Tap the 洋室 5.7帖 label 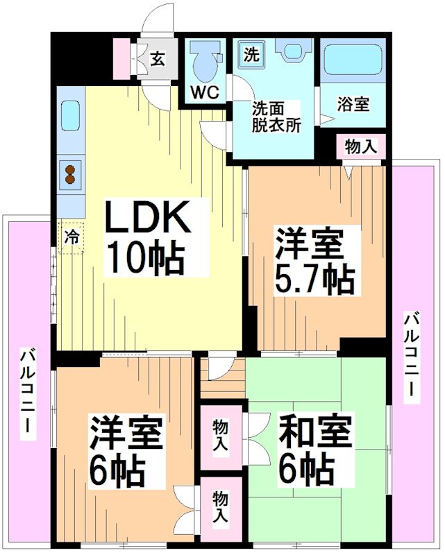tap(313, 261)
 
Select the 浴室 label tap(353, 105)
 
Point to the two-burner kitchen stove tap(71, 173)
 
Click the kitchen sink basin tap(71, 116)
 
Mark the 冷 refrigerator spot tap(71, 235)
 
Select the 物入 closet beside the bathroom tap(361, 147)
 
